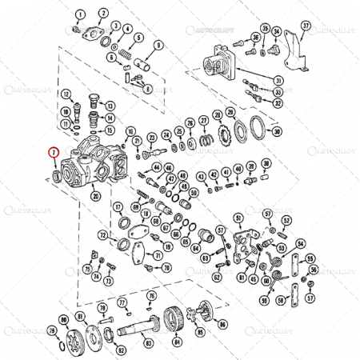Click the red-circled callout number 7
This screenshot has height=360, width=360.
pos(54,151)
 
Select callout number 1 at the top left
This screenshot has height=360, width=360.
pos(80,14)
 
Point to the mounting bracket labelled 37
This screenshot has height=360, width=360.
pos(295,56)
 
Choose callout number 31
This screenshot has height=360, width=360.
pos(278,79)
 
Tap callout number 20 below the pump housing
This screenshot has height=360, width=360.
pos(96,195)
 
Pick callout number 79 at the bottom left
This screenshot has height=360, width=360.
pos(52,330)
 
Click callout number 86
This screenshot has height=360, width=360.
pos(222,326)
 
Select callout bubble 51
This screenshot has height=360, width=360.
pos(238,218)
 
